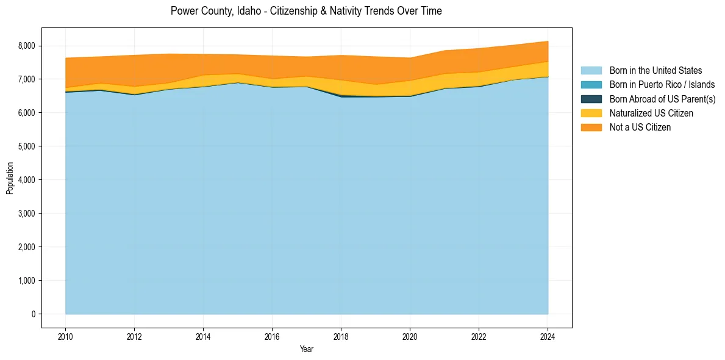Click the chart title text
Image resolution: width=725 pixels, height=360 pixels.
point(306,11)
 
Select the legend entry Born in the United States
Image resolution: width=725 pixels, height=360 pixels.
point(655,71)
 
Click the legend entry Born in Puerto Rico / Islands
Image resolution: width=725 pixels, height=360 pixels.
point(662,85)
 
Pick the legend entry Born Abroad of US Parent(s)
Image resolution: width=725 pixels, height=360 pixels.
point(662,99)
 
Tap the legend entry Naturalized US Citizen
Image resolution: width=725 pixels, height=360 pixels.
point(651,113)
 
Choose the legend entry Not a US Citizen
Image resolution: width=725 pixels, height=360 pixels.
point(640,127)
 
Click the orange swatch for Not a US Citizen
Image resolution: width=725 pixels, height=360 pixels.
point(591,127)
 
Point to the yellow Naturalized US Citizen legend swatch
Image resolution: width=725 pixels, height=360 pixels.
point(591,113)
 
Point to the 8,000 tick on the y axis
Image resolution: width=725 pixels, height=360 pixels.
point(27,46)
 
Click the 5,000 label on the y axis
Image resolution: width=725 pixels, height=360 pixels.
point(27,146)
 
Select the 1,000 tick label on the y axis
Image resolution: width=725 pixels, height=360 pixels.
point(27,281)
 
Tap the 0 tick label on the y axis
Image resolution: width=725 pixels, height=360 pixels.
point(34,314)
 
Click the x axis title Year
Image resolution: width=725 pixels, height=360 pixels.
point(307,349)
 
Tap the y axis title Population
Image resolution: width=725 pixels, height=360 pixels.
point(10,178)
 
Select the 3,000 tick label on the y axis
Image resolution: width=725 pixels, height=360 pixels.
point(27,214)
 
